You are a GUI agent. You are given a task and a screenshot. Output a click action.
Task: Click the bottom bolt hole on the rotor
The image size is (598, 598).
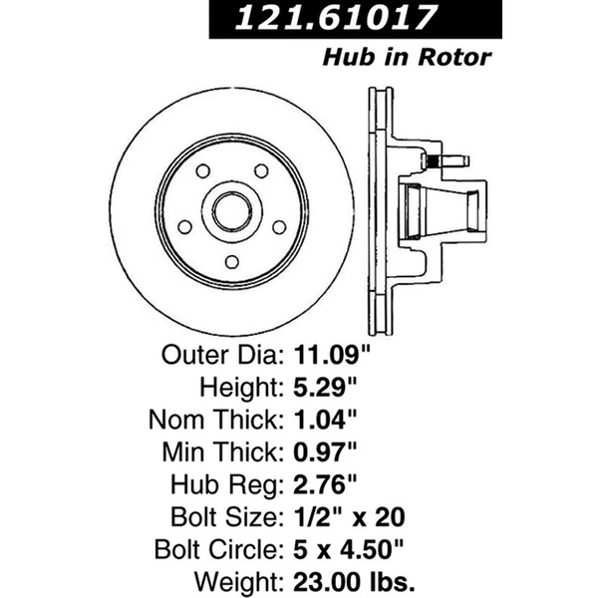[233, 261]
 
